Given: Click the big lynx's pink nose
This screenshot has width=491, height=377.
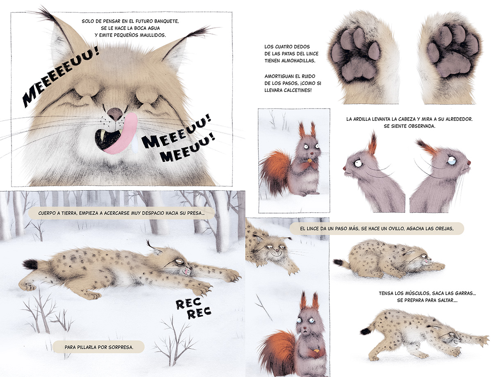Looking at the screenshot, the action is click(x=115, y=114).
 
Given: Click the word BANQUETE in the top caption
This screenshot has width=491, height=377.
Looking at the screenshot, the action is click(x=166, y=21).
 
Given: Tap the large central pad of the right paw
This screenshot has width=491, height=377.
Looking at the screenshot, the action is click(x=453, y=65).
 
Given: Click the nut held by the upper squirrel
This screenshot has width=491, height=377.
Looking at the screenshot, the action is click(x=309, y=160).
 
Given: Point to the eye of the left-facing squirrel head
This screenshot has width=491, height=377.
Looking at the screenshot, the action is click(x=358, y=163).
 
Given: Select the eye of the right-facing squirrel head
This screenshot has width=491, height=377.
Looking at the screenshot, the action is click(x=452, y=161).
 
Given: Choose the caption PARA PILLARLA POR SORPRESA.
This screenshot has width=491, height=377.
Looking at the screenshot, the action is click(x=99, y=347).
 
